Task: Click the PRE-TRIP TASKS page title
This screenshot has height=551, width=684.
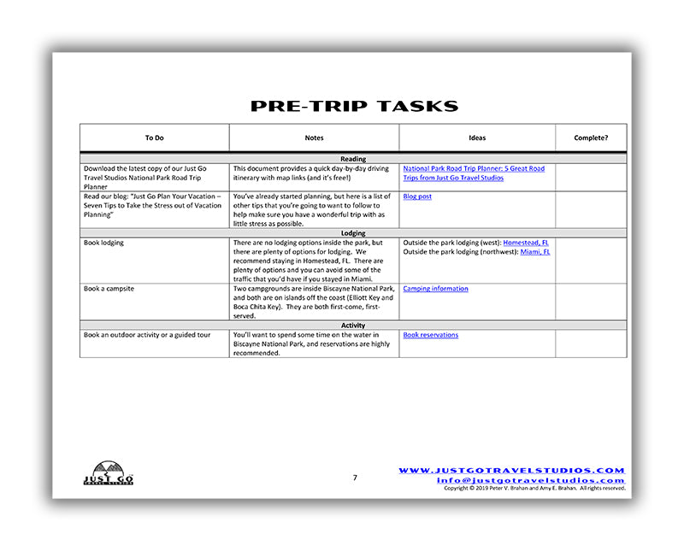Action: click(354, 107)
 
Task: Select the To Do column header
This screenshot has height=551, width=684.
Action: click(154, 138)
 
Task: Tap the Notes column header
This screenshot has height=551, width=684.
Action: click(314, 138)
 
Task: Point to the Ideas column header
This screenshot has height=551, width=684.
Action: click(477, 138)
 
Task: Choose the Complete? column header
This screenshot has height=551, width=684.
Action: click(591, 138)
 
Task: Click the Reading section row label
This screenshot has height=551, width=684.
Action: click(353, 159)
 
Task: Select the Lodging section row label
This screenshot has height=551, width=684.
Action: click(353, 233)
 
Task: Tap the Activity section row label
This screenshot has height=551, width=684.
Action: click(353, 325)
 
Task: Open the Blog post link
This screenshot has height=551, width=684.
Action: click(417, 196)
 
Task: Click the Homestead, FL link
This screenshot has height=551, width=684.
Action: click(526, 243)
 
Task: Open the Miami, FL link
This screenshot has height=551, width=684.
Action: click(535, 252)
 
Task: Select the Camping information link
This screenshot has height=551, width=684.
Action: click(435, 289)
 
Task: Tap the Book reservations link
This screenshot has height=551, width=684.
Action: click(430, 335)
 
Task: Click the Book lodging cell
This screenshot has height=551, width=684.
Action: click(103, 243)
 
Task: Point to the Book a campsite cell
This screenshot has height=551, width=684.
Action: click(109, 289)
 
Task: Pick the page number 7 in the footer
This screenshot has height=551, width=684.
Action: click(355, 478)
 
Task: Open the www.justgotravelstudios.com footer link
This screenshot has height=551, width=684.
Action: click(511, 471)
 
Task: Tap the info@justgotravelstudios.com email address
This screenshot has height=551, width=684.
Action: click(530, 480)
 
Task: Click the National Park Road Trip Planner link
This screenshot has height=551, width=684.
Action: click(473, 173)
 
